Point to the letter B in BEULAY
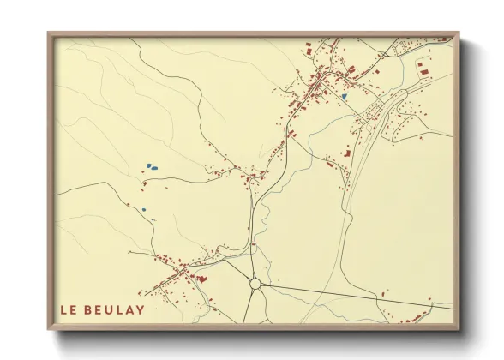(90, 309)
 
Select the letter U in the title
(111, 309)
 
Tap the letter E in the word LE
(75, 309)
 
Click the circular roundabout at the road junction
(255, 284)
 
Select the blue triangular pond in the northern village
(345, 97)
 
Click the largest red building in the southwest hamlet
(202, 278)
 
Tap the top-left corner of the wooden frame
(49, 34)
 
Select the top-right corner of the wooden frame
(458, 34)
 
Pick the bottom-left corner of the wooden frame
(49, 329)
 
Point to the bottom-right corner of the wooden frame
(458, 329)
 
